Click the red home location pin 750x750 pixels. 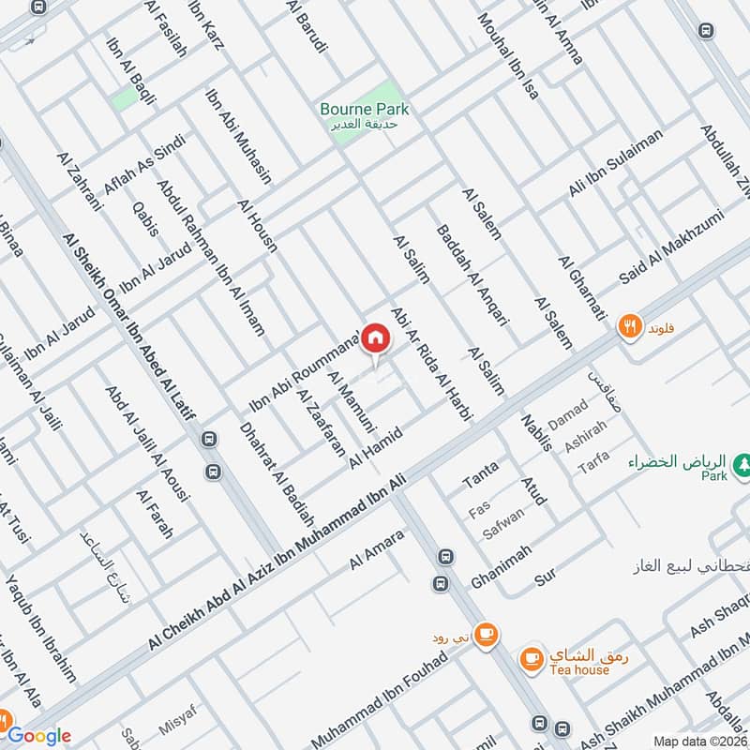[x=375, y=337]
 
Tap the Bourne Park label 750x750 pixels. [x=364, y=109]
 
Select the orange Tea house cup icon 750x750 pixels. [x=532, y=659]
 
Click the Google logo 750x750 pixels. [x=40, y=735]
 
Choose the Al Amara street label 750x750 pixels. [x=376, y=548]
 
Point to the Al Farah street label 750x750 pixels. [x=155, y=515]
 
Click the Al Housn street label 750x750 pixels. [x=256, y=228]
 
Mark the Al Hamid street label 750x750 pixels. [x=375, y=448]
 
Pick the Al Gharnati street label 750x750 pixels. [x=580, y=290]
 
